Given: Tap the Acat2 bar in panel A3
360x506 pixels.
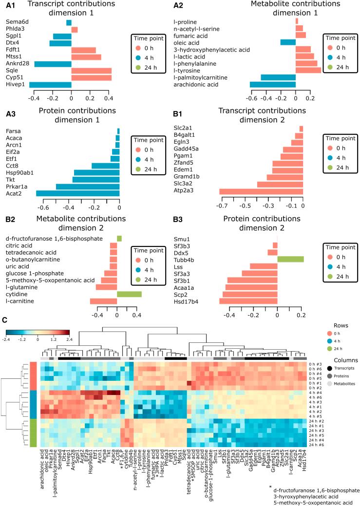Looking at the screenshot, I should pyautogui.click(x=78, y=193).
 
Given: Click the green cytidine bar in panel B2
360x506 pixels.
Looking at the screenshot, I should pyautogui.click(x=129, y=294).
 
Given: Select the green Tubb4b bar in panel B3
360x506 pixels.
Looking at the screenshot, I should pyautogui.click(x=290, y=259).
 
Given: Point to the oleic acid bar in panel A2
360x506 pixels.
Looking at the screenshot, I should pyautogui.click(x=288, y=42).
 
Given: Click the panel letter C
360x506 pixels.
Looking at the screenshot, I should pyautogui.click(x=5, y=320).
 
